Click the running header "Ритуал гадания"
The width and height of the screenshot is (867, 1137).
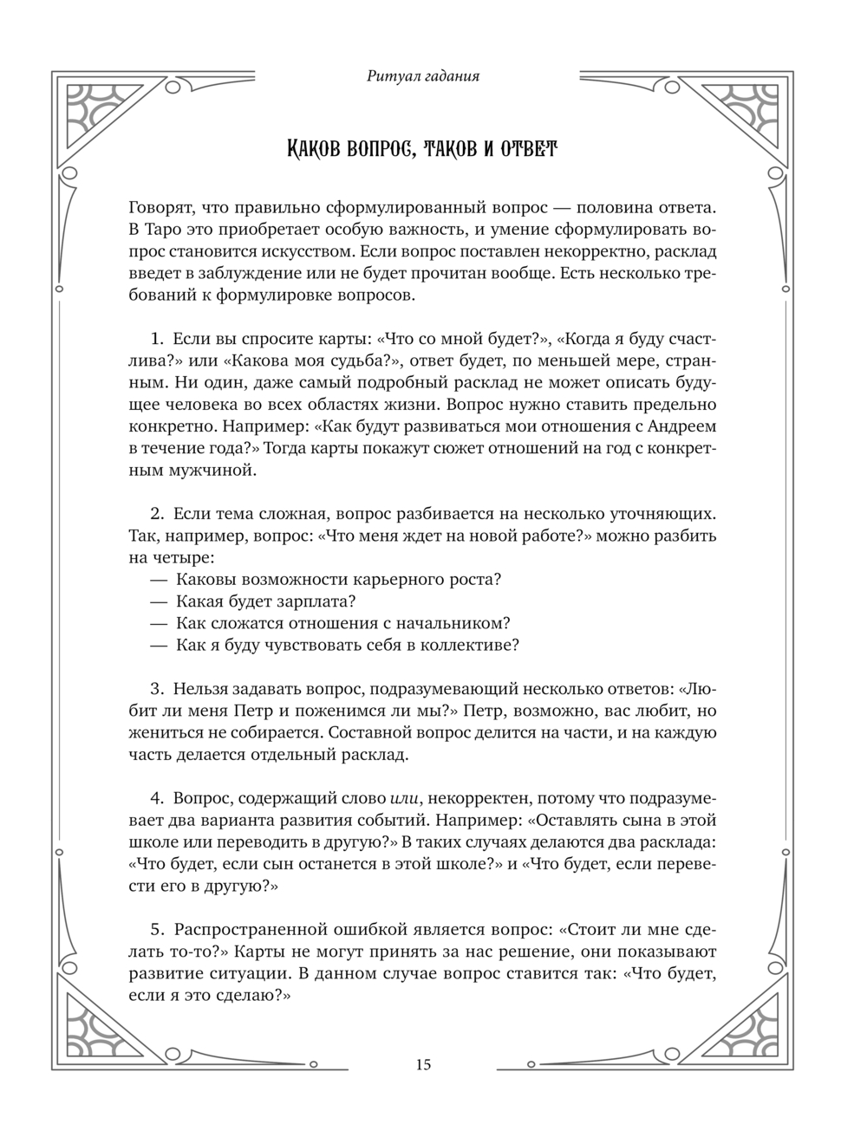click(423, 76)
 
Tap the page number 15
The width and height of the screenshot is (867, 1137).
click(423, 1065)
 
